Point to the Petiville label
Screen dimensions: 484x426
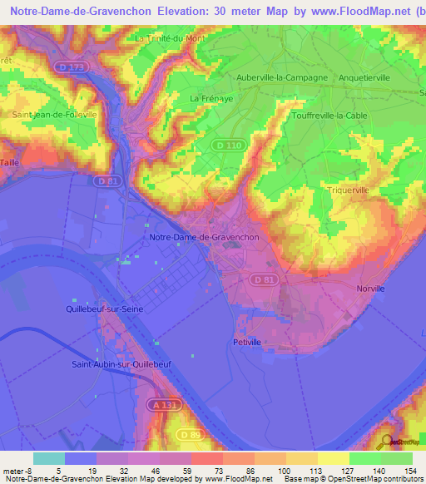(248, 341)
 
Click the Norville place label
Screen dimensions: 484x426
(369, 288)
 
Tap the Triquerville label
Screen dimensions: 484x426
(348, 190)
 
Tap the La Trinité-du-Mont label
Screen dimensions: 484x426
(169, 38)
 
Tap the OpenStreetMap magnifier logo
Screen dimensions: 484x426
(385, 442)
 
